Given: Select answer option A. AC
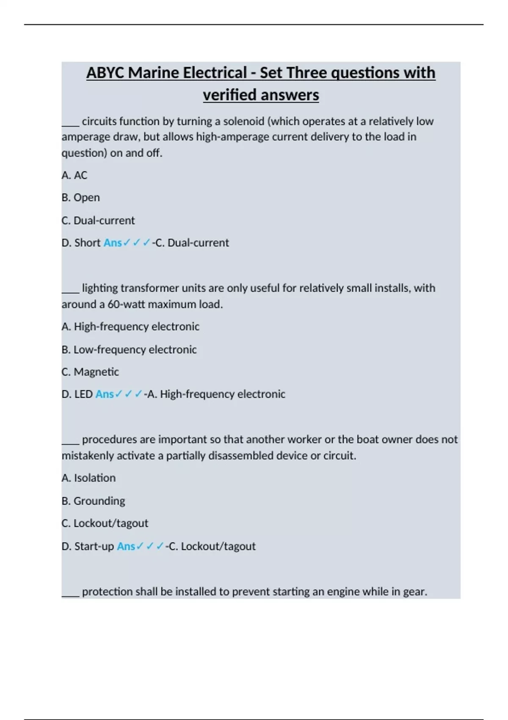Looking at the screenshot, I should click(x=75, y=175).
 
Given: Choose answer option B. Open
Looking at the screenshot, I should click(x=80, y=198).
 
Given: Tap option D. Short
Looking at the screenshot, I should click(x=81, y=243).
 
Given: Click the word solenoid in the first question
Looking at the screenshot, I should click(x=244, y=122).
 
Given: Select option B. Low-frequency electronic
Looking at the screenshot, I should click(x=129, y=349).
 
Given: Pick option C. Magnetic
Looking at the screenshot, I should click(x=90, y=372).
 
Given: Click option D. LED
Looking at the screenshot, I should click(x=77, y=394).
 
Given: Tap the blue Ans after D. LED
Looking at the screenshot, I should click(x=105, y=394).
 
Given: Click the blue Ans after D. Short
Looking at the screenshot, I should click(x=113, y=243).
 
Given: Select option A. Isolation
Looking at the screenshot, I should click(x=88, y=478).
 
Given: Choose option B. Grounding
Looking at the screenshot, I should click(x=93, y=501).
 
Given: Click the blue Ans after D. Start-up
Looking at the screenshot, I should click(x=126, y=546).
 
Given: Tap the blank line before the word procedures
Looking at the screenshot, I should click(x=70, y=440).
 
